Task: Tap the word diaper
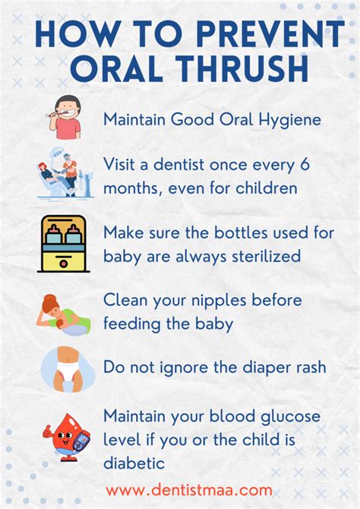(x=254, y=368)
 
